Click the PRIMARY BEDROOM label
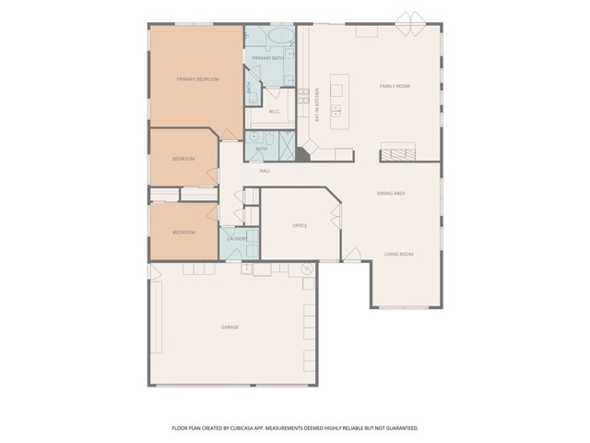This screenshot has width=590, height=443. (x=197, y=79)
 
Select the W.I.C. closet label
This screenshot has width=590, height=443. (x=274, y=112)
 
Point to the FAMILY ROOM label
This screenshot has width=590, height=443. (x=395, y=86)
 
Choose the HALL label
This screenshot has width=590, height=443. (x=265, y=171)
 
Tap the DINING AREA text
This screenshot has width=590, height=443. (x=391, y=193)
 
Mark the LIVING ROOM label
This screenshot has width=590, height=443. (x=398, y=254)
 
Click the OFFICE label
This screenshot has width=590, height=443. (x=299, y=225)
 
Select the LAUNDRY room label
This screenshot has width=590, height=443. (x=237, y=239)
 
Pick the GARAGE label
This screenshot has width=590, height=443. (x=230, y=328)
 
